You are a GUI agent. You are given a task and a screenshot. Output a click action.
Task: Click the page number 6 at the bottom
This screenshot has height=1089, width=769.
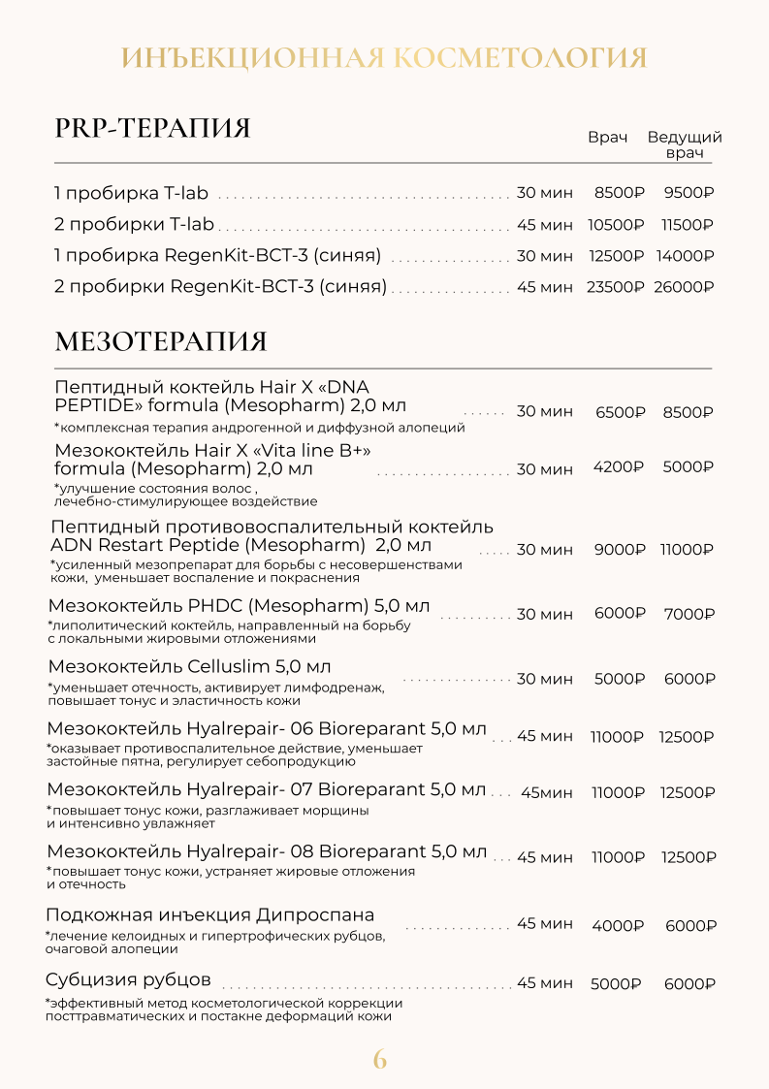tap(380, 1059)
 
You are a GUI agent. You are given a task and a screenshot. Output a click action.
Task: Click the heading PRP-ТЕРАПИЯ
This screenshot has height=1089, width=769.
tap(152, 128)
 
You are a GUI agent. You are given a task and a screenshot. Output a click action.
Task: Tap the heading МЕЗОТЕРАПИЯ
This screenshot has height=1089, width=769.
tap(161, 342)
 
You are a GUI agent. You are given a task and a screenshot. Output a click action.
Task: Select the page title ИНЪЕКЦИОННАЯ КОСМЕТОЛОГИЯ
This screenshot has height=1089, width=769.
tap(384, 57)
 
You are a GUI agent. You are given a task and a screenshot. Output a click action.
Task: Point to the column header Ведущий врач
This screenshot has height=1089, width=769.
tap(685, 144)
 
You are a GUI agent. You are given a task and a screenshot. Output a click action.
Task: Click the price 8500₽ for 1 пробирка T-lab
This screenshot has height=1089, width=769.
tap(619, 193)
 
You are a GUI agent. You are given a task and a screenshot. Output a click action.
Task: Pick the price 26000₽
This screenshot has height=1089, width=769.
tap(684, 287)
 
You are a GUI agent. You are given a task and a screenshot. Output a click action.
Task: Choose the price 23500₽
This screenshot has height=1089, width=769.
tap(615, 287)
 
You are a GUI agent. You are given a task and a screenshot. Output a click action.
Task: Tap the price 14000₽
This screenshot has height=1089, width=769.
tap(685, 256)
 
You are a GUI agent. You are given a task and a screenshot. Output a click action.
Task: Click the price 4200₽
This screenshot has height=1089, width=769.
tap(619, 466)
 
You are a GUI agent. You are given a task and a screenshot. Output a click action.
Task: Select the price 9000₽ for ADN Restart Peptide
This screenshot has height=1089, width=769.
tap(619, 549)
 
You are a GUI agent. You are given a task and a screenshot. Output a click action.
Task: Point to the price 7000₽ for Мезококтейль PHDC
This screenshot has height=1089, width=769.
tap(689, 614)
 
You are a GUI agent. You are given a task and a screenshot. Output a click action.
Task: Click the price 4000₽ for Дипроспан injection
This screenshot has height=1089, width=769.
tap(618, 925)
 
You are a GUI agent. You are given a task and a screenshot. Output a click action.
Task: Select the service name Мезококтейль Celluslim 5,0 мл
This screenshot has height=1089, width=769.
tap(189, 667)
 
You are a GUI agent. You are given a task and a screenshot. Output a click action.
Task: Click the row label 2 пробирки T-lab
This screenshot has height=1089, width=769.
tap(134, 225)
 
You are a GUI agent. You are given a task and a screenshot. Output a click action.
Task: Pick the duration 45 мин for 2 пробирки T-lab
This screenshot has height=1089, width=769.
tap(544, 225)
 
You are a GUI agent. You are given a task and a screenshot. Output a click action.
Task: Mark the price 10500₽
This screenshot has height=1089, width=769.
tap(616, 225)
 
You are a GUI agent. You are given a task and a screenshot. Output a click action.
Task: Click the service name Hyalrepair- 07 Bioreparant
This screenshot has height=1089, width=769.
tap(266, 789)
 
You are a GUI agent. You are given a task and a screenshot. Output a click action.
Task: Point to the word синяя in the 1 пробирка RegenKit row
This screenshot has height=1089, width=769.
tap(354, 256)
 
